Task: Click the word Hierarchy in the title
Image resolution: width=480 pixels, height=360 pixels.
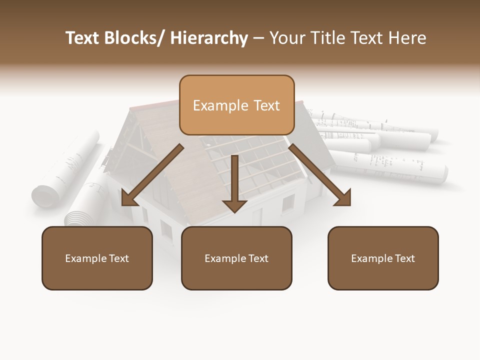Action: pos(209,38)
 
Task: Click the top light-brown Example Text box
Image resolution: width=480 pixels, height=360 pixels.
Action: pos(236,105)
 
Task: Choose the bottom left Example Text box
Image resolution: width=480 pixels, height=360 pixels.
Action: pos(97,258)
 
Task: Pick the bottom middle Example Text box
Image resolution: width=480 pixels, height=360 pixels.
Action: pos(236,258)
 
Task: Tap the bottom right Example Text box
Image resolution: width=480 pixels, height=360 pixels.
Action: pos(383,258)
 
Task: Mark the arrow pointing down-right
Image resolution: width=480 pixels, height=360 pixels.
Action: pos(320,175)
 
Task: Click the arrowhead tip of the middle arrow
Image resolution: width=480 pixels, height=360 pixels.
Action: pos(234,211)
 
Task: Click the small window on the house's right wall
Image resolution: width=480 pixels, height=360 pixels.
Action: pos(288,203)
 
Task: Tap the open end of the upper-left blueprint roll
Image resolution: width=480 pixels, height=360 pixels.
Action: pos(41,195)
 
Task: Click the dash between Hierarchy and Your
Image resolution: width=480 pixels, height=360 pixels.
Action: pos(258,38)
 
